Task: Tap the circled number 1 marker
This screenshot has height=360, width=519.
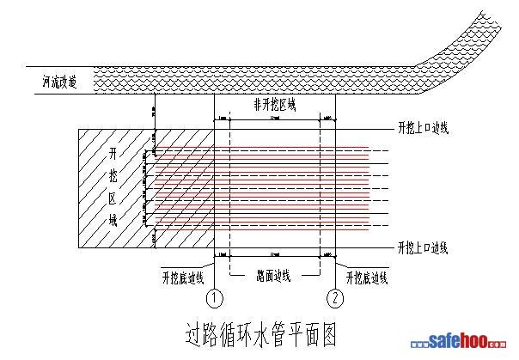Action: click(215, 299)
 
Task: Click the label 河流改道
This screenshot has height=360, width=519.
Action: click(58, 83)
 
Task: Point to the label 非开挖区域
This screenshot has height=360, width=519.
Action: click(274, 105)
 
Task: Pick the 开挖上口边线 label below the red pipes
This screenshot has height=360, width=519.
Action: click(424, 247)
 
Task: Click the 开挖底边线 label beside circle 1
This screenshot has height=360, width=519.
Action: click(182, 278)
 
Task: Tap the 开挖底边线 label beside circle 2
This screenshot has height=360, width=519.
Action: click(368, 278)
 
